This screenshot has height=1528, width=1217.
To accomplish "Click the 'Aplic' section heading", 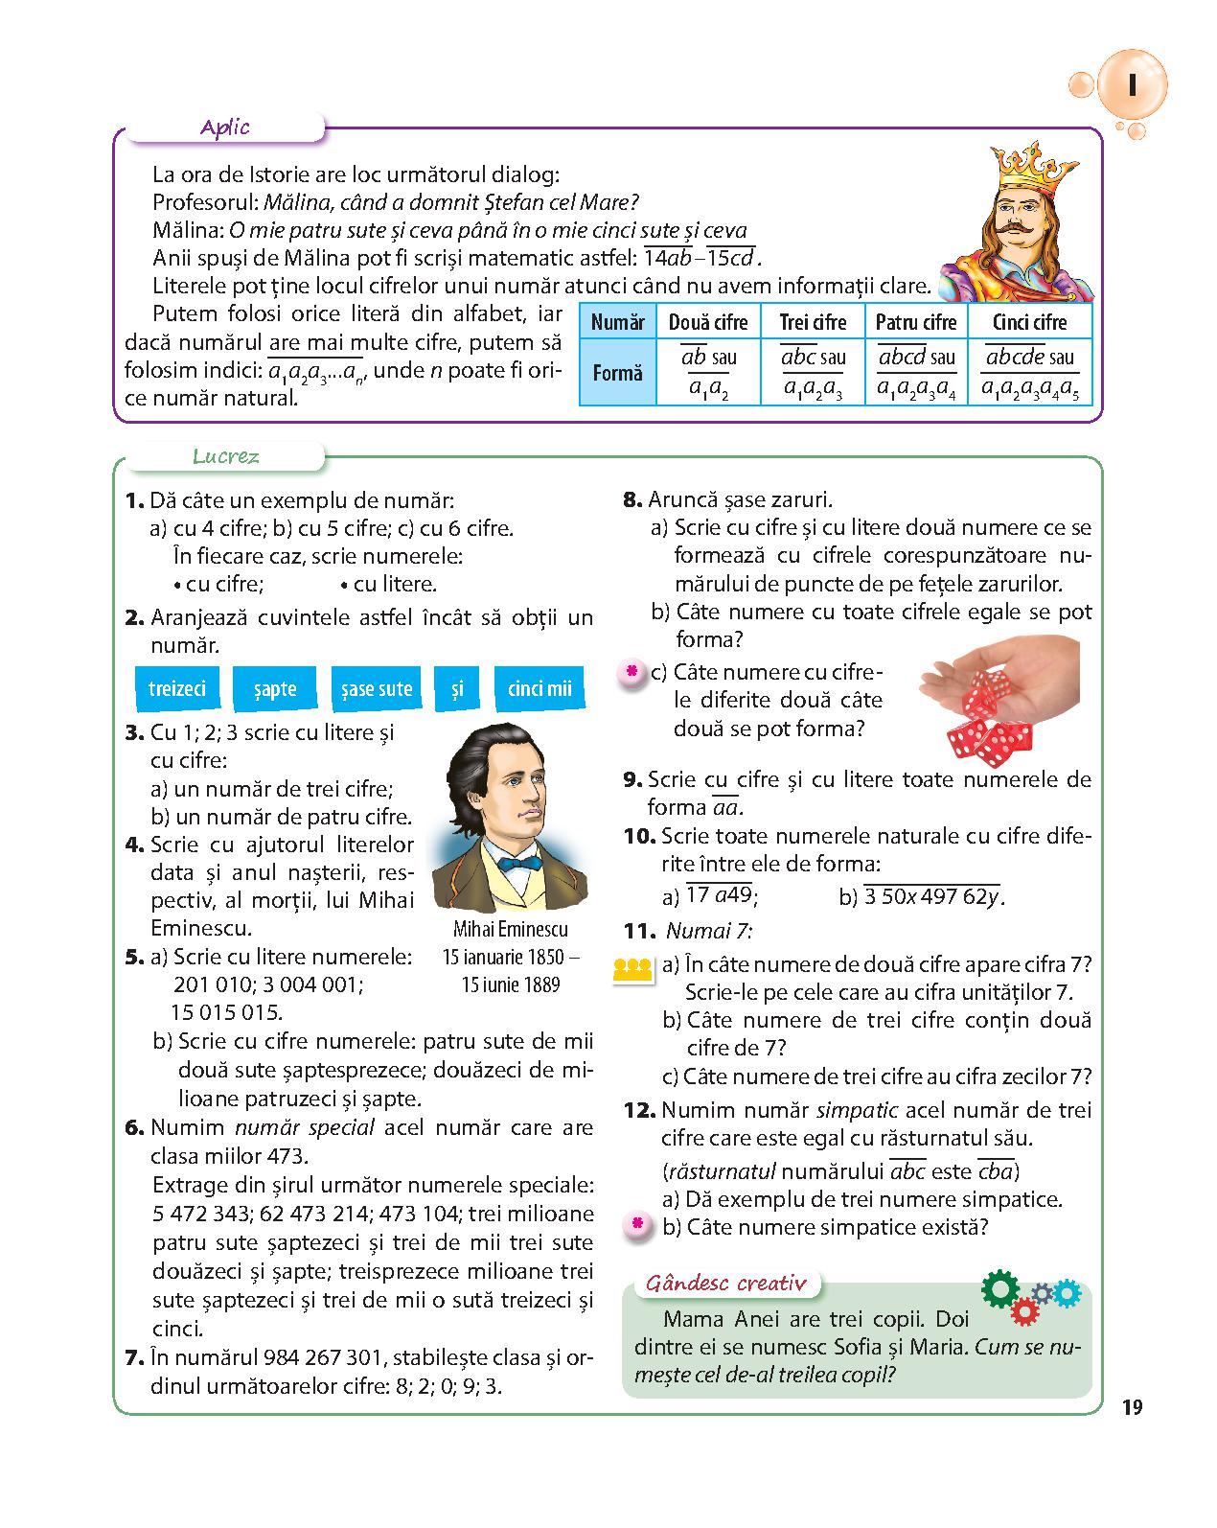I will click(x=225, y=127).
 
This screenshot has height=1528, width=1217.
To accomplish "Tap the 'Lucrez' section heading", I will click(x=226, y=456).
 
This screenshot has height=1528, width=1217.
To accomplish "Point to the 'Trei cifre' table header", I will click(x=813, y=322).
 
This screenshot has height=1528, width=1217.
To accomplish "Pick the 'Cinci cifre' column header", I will click(x=1029, y=322).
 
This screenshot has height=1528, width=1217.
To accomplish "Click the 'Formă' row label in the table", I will click(x=617, y=372).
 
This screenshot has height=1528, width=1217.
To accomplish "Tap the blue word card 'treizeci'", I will click(x=177, y=688).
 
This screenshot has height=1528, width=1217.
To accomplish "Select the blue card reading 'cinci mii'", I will click(x=539, y=688).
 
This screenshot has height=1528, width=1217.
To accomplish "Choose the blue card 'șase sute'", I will click(x=376, y=688).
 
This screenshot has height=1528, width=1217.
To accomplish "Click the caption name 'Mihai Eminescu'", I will click(x=510, y=929).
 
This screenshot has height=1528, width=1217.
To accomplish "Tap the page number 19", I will click(x=1132, y=1407).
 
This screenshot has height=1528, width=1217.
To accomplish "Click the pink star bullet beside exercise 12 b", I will click(x=633, y=1225).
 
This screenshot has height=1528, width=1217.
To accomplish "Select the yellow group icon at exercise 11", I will click(x=632, y=969).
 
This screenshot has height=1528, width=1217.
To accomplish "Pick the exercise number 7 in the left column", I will click(x=134, y=1357).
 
